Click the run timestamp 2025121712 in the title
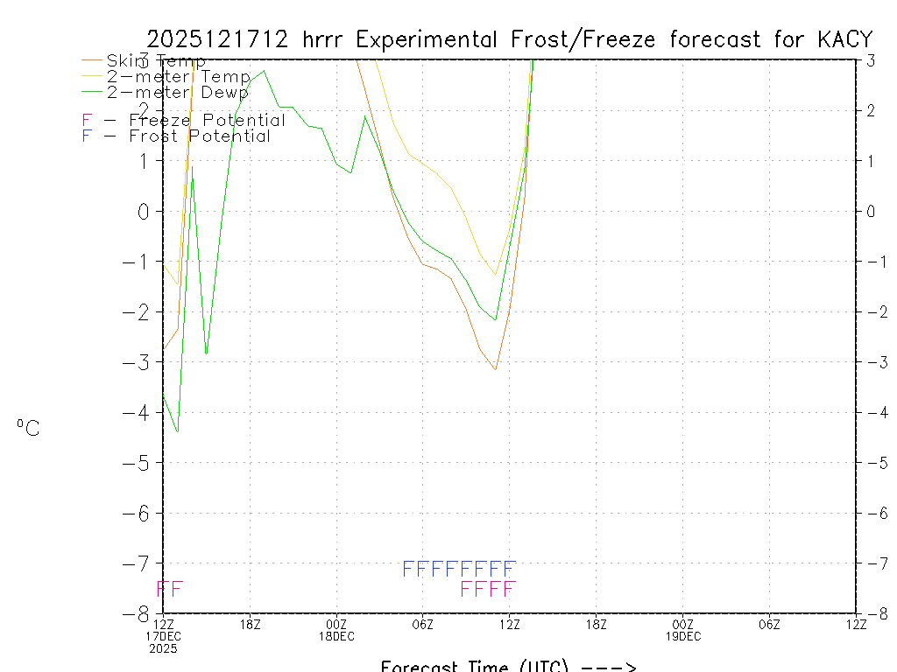(219, 39)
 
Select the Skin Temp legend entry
(156, 61)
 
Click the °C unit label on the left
(28, 428)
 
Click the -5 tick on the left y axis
(143, 462)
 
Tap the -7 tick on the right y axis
(870, 563)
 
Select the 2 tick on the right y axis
(871, 110)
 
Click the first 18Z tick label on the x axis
(251, 624)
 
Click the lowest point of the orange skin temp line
(495, 369)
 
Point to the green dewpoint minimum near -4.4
(178, 431)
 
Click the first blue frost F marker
(407, 569)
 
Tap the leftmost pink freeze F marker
(162, 589)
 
